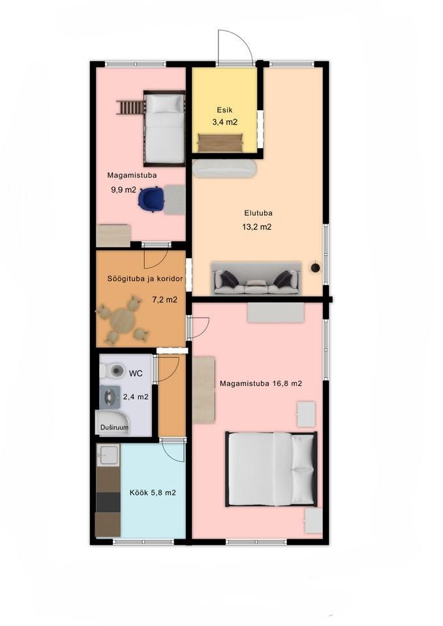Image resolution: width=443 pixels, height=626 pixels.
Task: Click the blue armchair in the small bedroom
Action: pyautogui.click(x=151, y=199)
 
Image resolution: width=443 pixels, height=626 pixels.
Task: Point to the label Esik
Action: pyautogui.click(x=224, y=110)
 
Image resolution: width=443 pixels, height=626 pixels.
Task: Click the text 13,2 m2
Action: pyautogui.click(x=257, y=227)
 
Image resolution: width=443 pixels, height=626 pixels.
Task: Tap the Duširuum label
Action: pyautogui.click(x=114, y=428)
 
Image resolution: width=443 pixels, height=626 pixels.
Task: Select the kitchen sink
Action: pyautogui.click(x=108, y=455)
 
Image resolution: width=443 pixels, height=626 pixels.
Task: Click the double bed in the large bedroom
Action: pyautogui.click(x=271, y=469)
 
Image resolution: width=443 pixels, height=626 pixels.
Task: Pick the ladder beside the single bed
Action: pyautogui.click(x=130, y=108)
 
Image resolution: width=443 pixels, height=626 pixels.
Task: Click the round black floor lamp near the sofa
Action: pyautogui.click(x=316, y=267)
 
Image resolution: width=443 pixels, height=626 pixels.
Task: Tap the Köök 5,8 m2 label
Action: pyautogui.click(x=153, y=493)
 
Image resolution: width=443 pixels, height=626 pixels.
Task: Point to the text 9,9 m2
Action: pyautogui.click(x=123, y=190)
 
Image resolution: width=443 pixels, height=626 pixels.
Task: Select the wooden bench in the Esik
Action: pyautogui.click(x=221, y=143)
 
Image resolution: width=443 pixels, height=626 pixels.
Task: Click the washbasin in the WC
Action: pyautogui.click(x=110, y=397)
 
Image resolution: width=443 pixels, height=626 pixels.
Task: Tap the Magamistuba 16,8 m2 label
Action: pyautogui.click(x=261, y=383)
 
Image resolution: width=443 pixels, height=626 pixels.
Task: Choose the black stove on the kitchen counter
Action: pyautogui.click(x=108, y=502)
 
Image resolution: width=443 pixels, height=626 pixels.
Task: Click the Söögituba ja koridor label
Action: pyautogui.click(x=145, y=278)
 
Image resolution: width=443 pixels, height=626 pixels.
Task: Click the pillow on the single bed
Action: pyautogui.click(x=164, y=104)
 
